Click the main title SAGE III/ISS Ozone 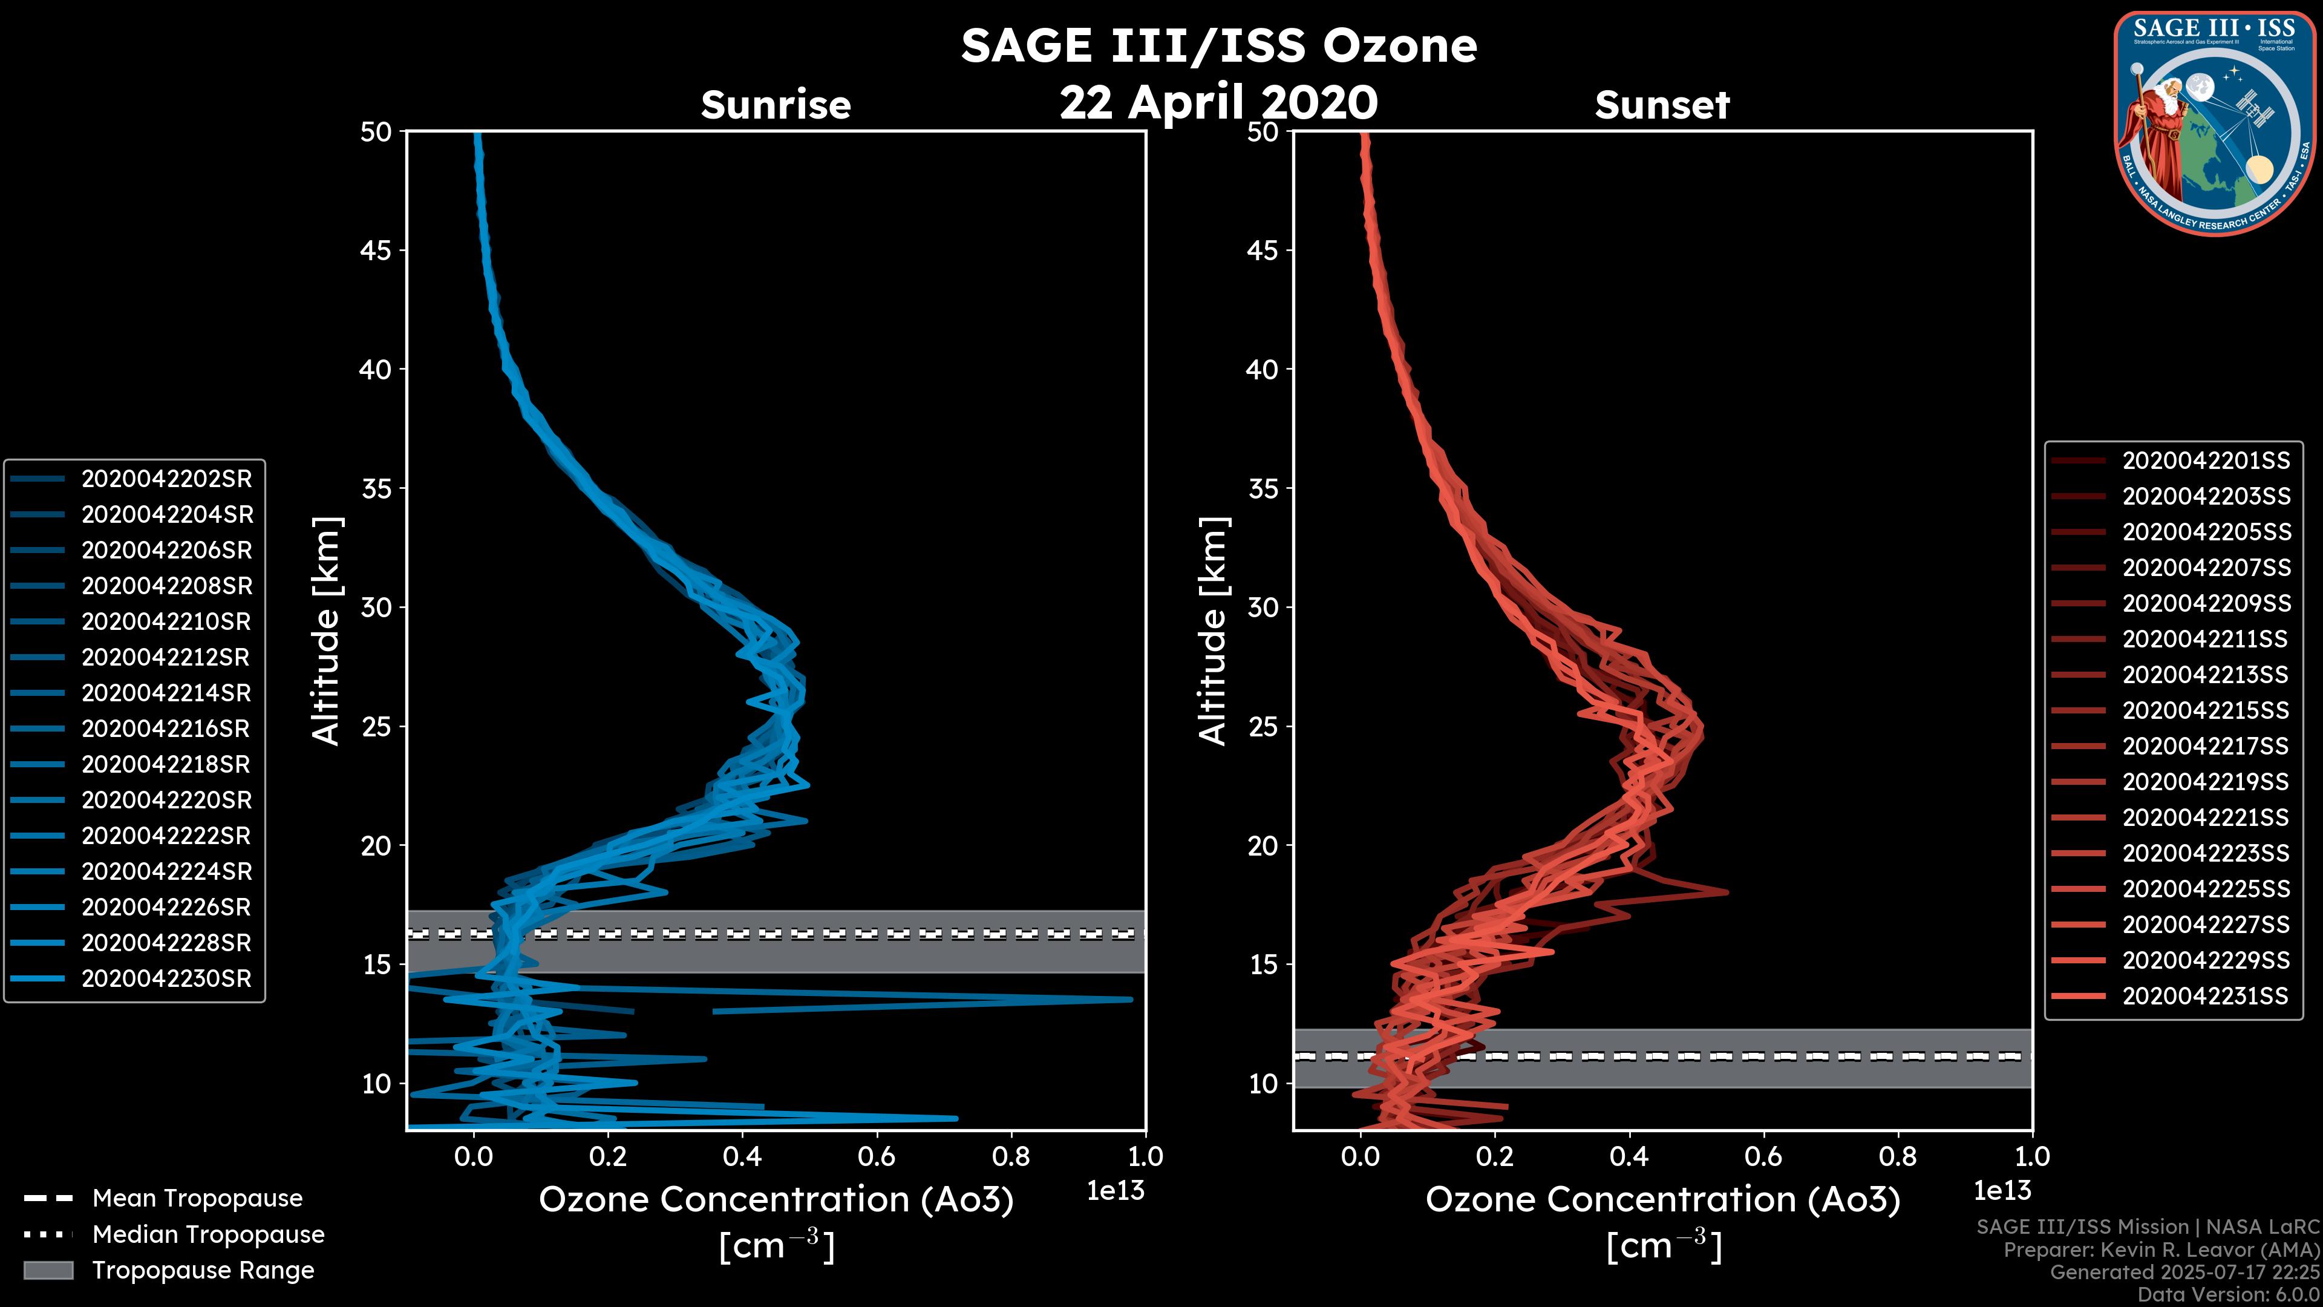1218,46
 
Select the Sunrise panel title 776,105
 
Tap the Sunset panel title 1662,105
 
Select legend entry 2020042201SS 2206,461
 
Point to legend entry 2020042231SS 2206,996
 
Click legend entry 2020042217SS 2206,746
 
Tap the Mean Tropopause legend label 197,1198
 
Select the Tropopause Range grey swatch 48,1270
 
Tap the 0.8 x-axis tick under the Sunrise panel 1011,1156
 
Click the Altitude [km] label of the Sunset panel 1213,631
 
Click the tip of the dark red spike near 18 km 1727,892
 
